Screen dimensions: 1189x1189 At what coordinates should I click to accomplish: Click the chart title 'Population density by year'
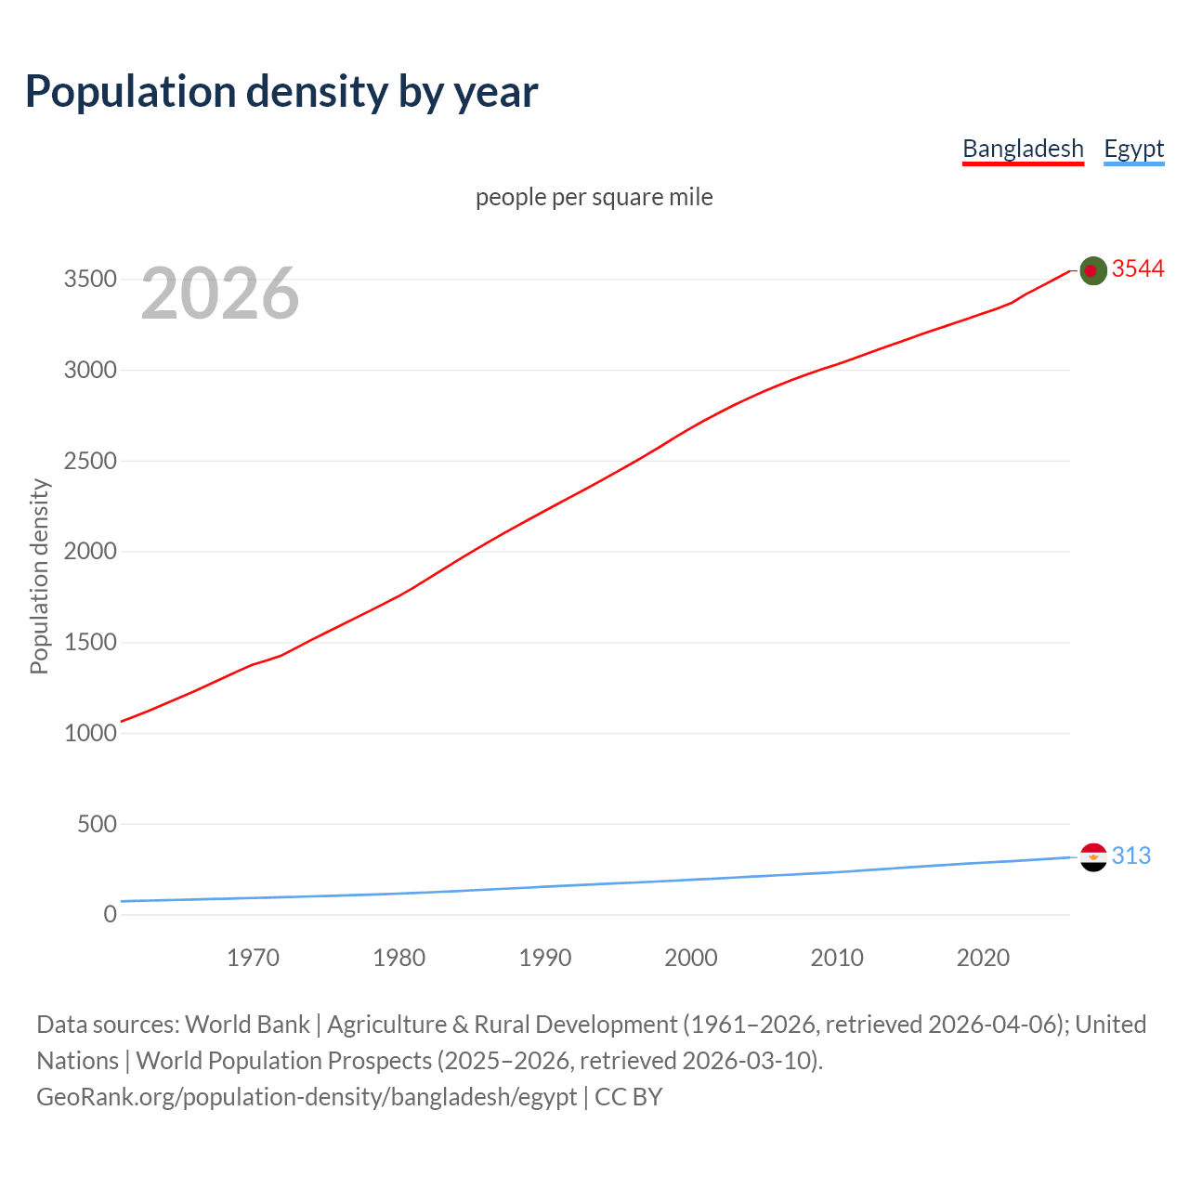[x=281, y=91]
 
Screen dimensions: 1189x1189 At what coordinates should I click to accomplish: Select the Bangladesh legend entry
[x=1023, y=149]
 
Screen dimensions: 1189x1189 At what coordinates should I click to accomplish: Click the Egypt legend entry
[x=1133, y=149]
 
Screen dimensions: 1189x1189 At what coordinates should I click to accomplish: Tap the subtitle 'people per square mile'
[x=594, y=197]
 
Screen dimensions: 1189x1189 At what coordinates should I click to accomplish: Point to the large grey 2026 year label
[x=220, y=294]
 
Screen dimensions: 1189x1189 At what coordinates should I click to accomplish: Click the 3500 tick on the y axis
[x=90, y=280]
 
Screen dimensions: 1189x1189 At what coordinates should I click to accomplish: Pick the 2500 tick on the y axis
[x=90, y=461]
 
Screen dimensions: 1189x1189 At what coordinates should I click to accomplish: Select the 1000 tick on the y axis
[x=90, y=733]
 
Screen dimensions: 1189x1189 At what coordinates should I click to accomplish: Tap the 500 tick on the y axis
[x=97, y=824]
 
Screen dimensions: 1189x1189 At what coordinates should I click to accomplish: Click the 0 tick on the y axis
[x=111, y=914]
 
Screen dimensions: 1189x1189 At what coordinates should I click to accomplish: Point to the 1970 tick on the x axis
[x=253, y=958]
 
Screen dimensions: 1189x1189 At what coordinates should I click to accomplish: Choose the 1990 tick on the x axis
[x=545, y=958]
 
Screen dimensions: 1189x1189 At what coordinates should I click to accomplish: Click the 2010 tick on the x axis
[x=837, y=958]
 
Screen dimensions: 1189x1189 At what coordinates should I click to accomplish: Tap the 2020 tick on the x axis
[x=983, y=958]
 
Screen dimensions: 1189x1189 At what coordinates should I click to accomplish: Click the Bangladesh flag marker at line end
[x=1093, y=270]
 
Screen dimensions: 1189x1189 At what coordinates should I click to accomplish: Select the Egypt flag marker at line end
[x=1093, y=856]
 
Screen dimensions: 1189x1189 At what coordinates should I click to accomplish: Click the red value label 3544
[x=1138, y=268]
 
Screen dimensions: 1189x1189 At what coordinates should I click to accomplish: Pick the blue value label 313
[x=1131, y=856]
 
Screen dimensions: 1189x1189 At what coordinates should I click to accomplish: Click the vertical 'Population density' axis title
[x=39, y=576]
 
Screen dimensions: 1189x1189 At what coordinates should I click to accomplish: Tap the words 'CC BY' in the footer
[x=629, y=1097]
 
